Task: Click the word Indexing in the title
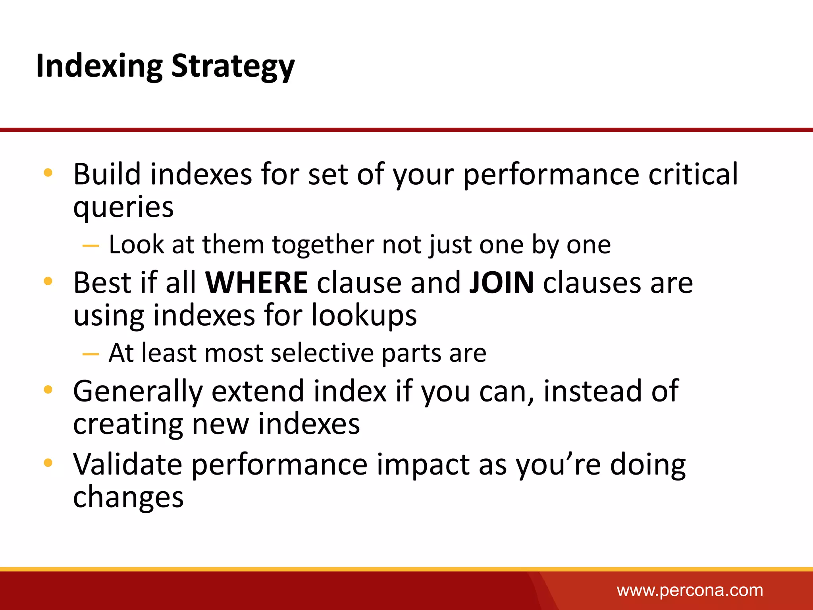point(99,66)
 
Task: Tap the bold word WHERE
point(256,283)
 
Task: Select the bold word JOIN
point(501,283)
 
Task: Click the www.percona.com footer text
point(690,591)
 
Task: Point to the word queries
point(123,208)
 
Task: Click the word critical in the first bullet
point(693,175)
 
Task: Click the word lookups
point(364,316)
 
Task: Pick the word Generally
point(138,392)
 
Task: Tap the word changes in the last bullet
point(128,497)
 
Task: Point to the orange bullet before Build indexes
point(48,173)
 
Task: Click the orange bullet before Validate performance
point(48,463)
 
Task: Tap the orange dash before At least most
point(91,354)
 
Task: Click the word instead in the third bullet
point(592,392)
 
